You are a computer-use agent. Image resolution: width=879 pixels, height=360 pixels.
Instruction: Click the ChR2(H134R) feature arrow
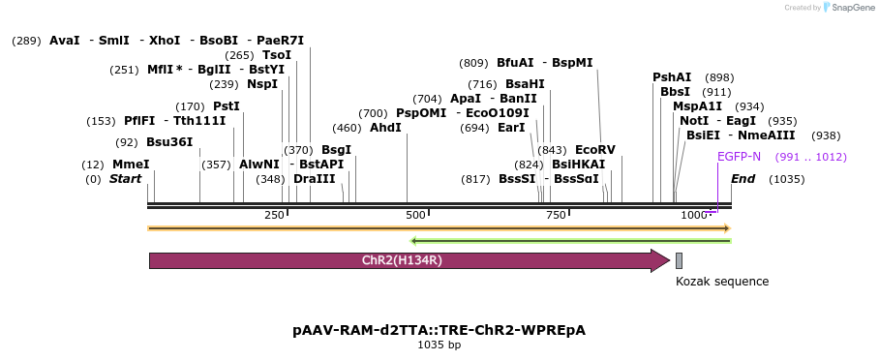407,260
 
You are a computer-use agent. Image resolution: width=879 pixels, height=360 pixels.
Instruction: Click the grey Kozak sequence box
680,260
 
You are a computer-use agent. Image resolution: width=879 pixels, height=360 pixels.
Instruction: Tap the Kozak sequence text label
722,282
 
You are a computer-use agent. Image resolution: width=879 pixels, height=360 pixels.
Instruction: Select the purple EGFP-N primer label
739,157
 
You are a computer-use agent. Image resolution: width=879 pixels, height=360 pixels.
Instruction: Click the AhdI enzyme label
385,128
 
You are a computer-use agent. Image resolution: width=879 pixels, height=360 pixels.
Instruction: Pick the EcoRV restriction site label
594,150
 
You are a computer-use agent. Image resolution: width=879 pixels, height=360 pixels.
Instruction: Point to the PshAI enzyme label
672,77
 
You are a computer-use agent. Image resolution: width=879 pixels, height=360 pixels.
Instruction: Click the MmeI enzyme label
131,165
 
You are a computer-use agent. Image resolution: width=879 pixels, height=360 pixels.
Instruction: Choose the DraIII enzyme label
314,179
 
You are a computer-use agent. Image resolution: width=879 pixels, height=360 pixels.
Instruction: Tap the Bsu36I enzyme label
169,142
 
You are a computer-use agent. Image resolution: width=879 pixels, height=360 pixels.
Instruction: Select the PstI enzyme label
227,106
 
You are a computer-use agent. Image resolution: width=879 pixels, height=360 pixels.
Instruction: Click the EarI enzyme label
511,128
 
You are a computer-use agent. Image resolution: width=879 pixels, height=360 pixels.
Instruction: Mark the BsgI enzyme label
336,150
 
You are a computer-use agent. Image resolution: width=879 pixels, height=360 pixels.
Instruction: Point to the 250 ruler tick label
274,215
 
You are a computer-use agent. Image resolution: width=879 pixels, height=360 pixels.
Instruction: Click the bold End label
743,179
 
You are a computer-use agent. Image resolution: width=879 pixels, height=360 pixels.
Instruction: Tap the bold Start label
125,179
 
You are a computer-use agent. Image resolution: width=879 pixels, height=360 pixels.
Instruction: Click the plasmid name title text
439,330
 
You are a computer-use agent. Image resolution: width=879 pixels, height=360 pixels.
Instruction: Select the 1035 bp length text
439,345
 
